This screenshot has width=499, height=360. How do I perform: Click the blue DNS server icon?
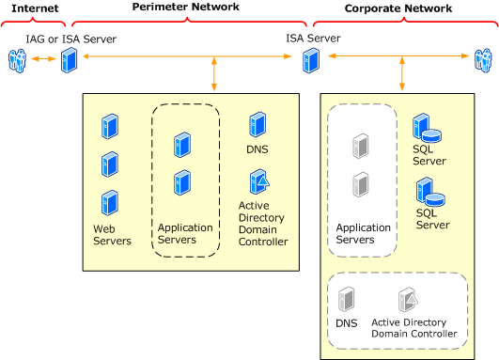pos(257,125)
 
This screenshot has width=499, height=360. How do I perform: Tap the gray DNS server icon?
pos(346,300)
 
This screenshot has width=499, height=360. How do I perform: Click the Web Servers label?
pos(112,235)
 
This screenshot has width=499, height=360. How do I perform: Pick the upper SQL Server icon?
pos(426,129)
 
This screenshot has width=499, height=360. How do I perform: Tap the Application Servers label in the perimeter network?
pos(185,233)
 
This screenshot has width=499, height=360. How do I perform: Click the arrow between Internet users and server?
pos(41,61)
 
